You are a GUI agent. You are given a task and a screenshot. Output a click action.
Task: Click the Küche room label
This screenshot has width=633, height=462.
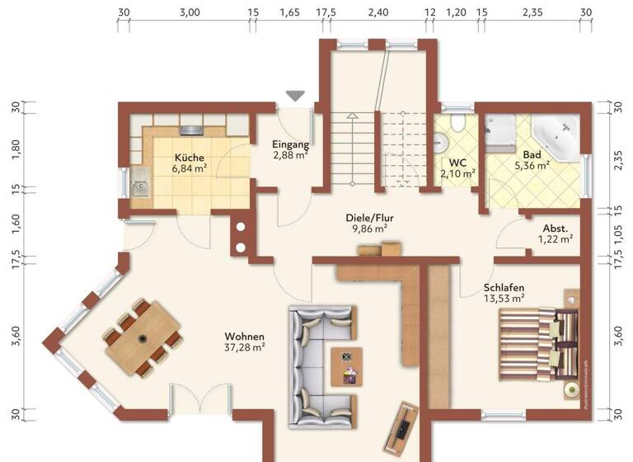(x=189, y=158)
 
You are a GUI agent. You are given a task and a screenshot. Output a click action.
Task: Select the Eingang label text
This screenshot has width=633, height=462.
(x=290, y=144)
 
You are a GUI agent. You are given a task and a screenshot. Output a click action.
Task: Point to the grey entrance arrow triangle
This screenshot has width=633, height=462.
(x=295, y=97)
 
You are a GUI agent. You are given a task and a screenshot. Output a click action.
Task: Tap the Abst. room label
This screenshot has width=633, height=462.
(x=555, y=229)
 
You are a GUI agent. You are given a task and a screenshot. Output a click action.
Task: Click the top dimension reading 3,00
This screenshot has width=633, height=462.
(x=189, y=12)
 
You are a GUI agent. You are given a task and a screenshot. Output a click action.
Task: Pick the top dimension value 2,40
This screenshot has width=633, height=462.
(x=377, y=12)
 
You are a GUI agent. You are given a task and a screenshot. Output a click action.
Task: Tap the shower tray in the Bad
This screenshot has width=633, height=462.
(x=499, y=130)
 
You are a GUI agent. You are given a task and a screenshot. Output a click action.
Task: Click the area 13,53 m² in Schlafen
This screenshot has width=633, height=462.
(x=504, y=299)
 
